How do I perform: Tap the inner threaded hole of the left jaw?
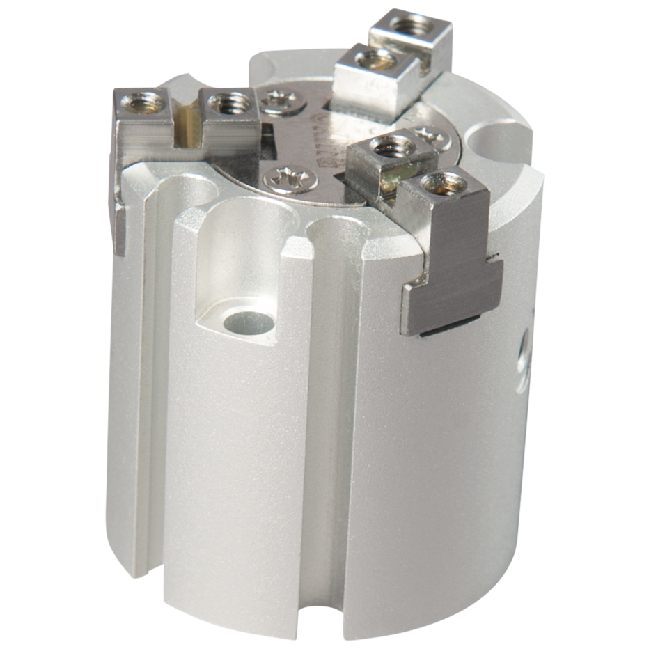pyautogui.click(x=230, y=104)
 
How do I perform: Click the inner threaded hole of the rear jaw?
pyautogui.click(x=376, y=59)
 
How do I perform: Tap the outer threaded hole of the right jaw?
pyautogui.click(x=444, y=185)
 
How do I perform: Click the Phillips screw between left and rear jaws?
pyautogui.click(x=283, y=103)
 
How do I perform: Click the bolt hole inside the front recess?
pyautogui.click(x=249, y=322)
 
